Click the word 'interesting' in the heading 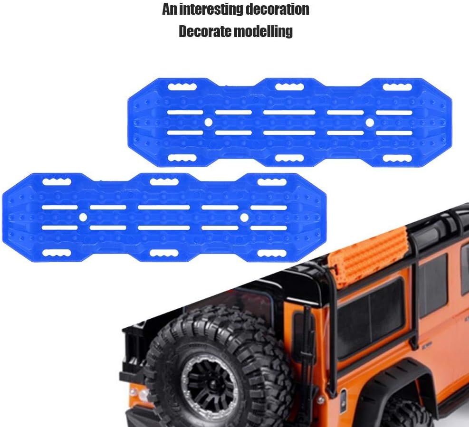(x=211, y=9)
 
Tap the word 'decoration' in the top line (x=277, y=9)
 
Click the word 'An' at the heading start (x=170, y=9)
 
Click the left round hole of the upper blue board (x=209, y=122)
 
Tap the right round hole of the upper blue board (x=370, y=123)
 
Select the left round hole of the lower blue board (x=83, y=217)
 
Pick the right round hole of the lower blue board (x=244, y=218)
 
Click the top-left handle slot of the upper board (x=182, y=87)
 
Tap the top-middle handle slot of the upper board (x=289, y=87)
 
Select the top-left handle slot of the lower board (x=57, y=182)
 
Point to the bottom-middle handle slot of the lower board (x=164, y=253)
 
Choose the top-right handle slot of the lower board (x=272, y=182)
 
